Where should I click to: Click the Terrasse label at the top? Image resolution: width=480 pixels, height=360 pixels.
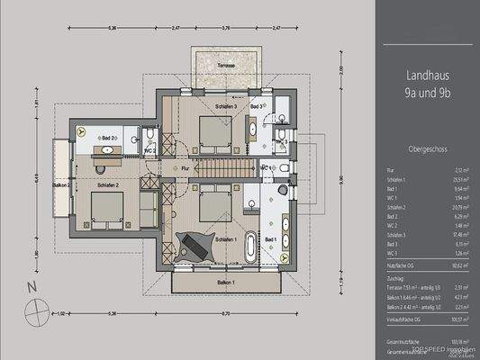pos(225,66)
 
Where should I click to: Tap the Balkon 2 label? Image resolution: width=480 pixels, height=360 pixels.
pos(60,184)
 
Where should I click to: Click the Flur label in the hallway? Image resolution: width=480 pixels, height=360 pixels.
pos(185,167)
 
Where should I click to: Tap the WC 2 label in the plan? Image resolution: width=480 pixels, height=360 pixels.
pos(154,150)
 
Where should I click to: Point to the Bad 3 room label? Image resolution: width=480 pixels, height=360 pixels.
pos(256,107)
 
